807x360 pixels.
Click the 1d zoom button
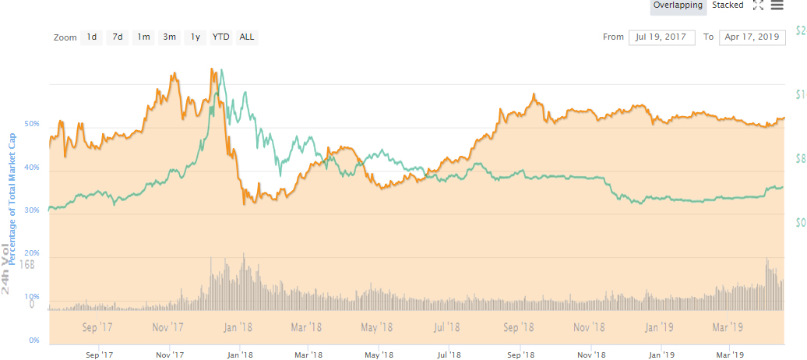click(92, 37)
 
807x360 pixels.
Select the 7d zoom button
click(118, 37)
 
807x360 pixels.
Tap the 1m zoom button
click(143, 37)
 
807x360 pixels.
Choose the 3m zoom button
click(169, 37)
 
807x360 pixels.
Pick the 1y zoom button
click(196, 37)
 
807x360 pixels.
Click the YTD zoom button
click(221, 37)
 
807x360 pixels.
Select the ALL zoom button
click(247, 37)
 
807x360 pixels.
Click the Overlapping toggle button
click(678, 5)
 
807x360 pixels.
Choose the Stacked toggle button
click(728, 5)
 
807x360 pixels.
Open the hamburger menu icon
click(777, 5)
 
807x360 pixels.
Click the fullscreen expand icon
click(758, 5)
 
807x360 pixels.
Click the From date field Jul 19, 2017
click(661, 37)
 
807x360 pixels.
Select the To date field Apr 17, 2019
click(752, 37)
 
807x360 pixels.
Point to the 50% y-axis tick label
click(33, 125)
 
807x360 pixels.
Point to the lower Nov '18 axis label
click(590, 354)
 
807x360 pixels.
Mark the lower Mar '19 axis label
click(728, 354)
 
